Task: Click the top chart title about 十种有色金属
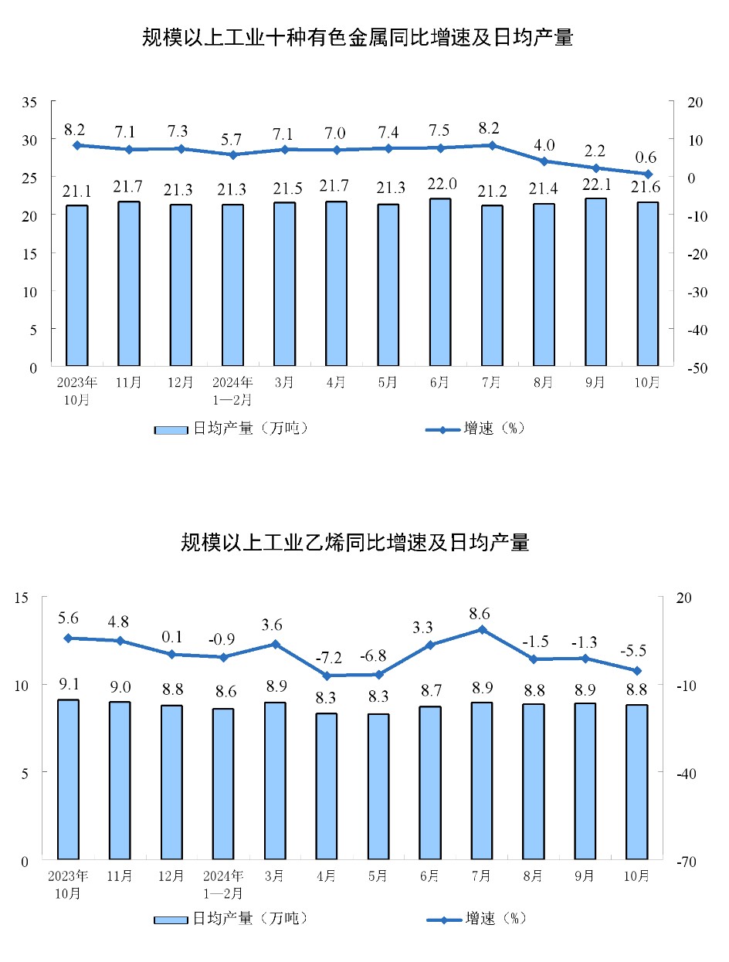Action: click(x=357, y=37)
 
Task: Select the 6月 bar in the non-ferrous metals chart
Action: click(x=440, y=282)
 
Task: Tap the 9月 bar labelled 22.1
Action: click(x=595, y=282)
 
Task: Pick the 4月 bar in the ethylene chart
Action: click(x=326, y=786)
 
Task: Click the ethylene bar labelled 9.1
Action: click(x=68, y=779)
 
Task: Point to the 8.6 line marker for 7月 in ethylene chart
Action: click(x=482, y=629)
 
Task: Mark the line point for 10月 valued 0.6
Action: click(x=648, y=174)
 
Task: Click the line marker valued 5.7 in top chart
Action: click(x=232, y=154)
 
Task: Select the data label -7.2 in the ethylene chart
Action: click(x=327, y=659)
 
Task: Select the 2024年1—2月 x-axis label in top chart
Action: click(x=232, y=391)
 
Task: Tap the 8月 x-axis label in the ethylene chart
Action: click(x=533, y=876)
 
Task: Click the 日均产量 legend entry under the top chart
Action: click(x=231, y=429)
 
